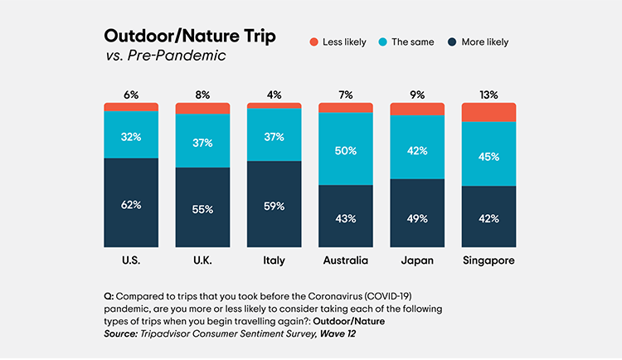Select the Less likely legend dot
coord(314,41)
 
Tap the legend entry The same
coord(390,41)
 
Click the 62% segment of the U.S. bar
coord(131,204)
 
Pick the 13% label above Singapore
coord(488,95)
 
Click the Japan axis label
coord(416,260)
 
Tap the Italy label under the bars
coord(274,260)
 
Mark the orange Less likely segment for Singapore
coord(488,112)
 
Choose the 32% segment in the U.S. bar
coord(131,134)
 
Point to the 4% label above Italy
coord(274,95)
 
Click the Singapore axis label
coord(488,260)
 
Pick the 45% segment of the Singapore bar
coord(488,153)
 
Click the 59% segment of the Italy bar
coord(274,205)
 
